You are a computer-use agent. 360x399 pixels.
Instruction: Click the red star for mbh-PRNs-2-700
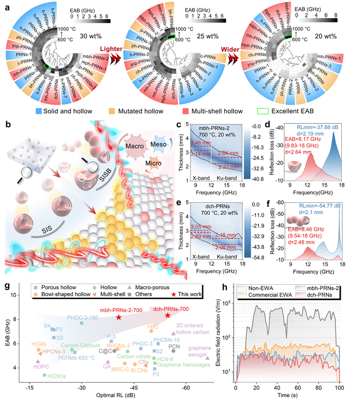click(x=118, y=317)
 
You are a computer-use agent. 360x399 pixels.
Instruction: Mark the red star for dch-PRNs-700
click(x=167, y=314)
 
